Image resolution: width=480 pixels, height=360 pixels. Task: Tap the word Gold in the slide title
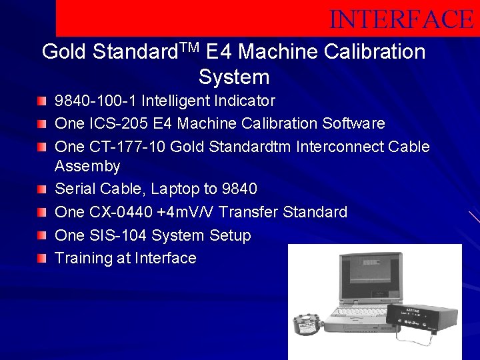pyautogui.click(x=65, y=51)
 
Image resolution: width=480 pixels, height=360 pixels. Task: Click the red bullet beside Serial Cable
pyautogui.click(x=43, y=189)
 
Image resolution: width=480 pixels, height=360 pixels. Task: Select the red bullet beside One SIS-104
pyautogui.click(x=43, y=235)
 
